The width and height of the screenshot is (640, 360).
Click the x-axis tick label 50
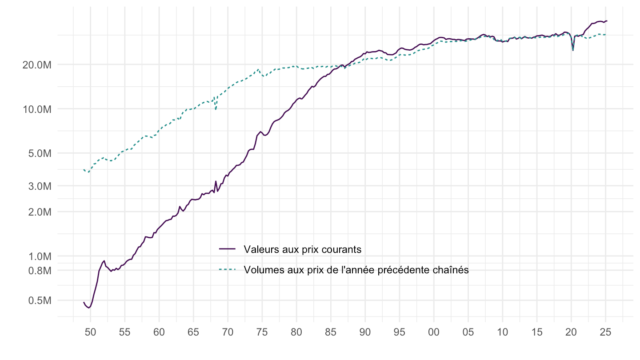click(x=91, y=332)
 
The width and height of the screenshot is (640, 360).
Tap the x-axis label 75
click(x=262, y=332)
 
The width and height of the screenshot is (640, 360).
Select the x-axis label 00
click(x=434, y=332)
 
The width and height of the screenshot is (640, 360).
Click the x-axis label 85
click(x=331, y=332)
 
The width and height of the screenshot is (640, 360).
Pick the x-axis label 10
click(x=503, y=332)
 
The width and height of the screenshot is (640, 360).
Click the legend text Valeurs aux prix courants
click(x=303, y=249)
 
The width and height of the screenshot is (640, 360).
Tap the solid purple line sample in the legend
click(x=228, y=249)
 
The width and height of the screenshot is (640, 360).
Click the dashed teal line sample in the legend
click(x=228, y=270)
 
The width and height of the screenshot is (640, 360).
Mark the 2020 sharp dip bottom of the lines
click(x=573, y=50)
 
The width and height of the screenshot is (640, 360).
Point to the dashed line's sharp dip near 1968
click(x=216, y=109)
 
